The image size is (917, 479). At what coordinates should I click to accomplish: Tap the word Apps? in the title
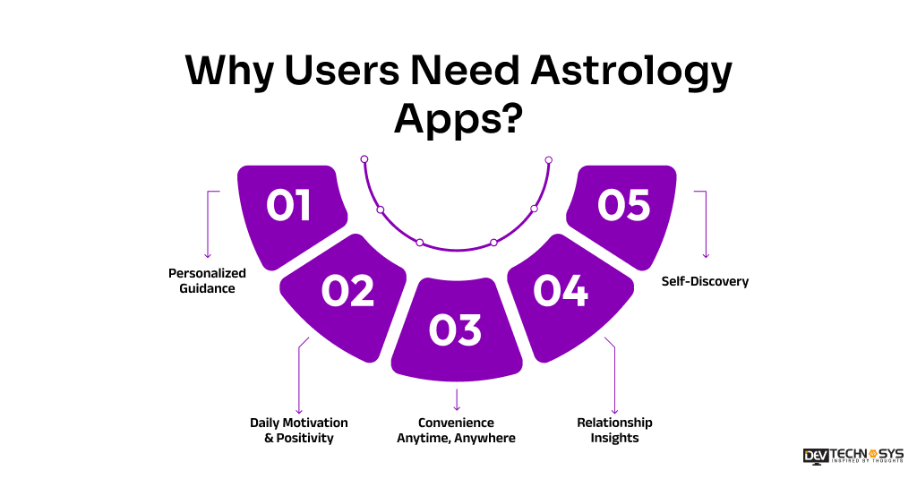(458, 118)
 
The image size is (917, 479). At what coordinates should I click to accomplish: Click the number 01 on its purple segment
(289, 205)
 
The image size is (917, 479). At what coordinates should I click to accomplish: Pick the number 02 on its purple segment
(347, 292)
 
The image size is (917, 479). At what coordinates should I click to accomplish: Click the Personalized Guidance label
(207, 280)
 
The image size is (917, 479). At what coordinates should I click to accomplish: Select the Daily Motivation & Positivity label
(298, 430)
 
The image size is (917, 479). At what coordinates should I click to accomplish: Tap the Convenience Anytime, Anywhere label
(456, 430)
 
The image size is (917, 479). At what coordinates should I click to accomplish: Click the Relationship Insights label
(614, 430)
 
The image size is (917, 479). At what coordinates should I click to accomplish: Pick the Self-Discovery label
(705, 281)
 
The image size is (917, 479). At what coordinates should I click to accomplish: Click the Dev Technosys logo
(853, 456)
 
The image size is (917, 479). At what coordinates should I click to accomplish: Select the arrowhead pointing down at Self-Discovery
(707, 255)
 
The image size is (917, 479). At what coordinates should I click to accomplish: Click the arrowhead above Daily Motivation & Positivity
(298, 410)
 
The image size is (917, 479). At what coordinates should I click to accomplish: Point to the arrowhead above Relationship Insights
(615, 410)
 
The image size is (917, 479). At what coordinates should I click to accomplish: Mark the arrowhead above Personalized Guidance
(208, 255)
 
